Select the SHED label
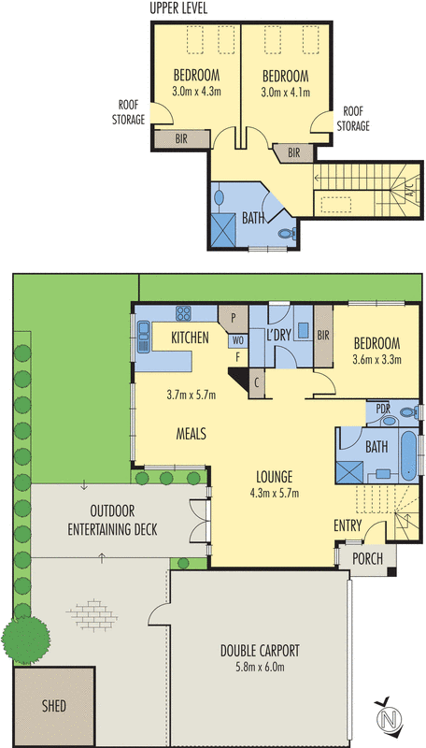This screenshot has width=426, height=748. coord(53,706)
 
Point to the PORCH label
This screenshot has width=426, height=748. coord(365,558)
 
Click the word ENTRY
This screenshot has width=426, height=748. coord(347,526)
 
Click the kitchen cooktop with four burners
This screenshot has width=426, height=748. coord(182,314)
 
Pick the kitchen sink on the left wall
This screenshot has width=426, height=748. coord(144,336)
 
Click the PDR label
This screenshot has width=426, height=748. coord(382,409)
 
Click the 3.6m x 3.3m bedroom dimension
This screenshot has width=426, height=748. coord(376,360)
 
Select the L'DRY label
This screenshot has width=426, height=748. coord(280,335)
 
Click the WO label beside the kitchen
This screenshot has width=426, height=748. coord(237,340)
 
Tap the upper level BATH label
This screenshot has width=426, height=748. coord(253,219)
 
